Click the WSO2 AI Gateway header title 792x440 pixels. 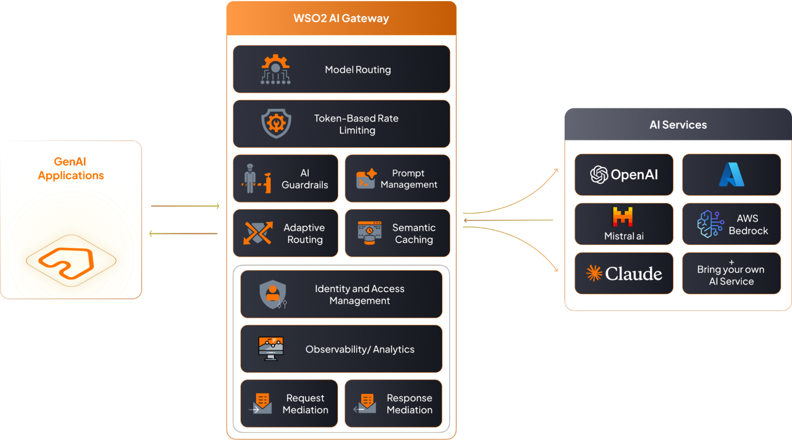pos(341,18)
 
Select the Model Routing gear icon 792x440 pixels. pos(276,69)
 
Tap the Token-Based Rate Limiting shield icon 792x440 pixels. pos(276,124)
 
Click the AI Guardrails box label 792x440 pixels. pos(305,179)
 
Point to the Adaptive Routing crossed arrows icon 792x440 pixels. pos(258,233)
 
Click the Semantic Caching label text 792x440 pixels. pos(414,234)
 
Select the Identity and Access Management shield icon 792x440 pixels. pos(273,294)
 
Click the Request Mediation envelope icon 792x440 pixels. pos(261,404)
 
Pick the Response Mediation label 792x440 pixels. pos(409,404)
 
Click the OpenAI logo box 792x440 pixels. pos(624,175)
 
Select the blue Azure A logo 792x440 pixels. pos(731,175)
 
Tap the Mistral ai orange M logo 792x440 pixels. pos(623,217)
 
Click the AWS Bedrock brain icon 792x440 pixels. pos(710,224)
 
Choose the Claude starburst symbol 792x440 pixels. pos(594,273)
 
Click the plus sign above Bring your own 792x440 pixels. pos(731,262)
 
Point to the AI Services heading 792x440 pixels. pos(678,125)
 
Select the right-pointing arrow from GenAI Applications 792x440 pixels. pos(185,206)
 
